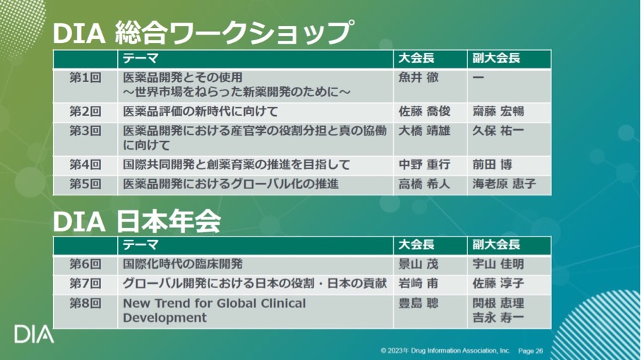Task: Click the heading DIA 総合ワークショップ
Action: pyautogui.click(x=203, y=32)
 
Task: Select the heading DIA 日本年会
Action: pyautogui.click(x=137, y=222)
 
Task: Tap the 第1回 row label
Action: pyautogui.click(x=85, y=78)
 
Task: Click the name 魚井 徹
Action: pyautogui.click(x=418, y=78)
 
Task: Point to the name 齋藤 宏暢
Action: pyautogui.click(x=498, y=111)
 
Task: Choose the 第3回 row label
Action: pyautogui.click(x=85, y=131)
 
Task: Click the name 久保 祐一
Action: pyautogui.click(x=498, y=131)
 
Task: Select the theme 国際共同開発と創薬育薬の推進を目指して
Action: pyautogui.click(x=236, y=164)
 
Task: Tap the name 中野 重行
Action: pyautogui.click(x=424, y=164)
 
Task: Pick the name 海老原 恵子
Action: pyautogui.click(x=504, y=184)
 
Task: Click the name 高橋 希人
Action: pyautogui.click(x=424, y=184)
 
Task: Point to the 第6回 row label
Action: pyautogui.click(x=85, y=264)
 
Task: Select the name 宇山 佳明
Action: pyautogui.click(x=498, y=264)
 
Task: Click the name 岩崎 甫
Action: pyautogui.click(x=418, y=283)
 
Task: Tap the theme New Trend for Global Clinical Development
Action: pyautogui.click(x=214, y=310)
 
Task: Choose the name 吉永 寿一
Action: pyautogui.click(x=498, y=318)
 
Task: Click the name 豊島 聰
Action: pyautogui.click(x=418, y=304)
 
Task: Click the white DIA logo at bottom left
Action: pyautogui.click(x=34, y=335)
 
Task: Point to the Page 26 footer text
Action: pyautogui.click(x=531, y=351)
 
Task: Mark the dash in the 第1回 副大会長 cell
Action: pyautogui.click(x=479, y=78)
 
